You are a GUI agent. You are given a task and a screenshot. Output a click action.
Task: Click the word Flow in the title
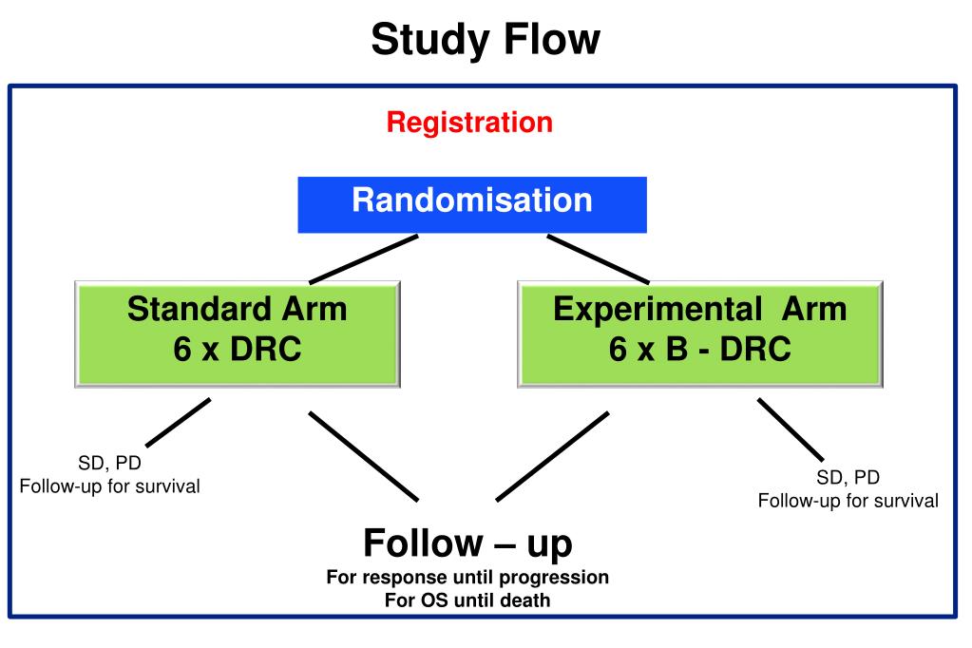coord(552,38)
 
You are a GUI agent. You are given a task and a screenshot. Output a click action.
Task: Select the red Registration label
coord(469,124)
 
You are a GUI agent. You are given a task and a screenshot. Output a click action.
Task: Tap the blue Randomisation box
coord(472,204)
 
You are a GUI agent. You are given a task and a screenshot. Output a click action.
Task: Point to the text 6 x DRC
coord(238,349)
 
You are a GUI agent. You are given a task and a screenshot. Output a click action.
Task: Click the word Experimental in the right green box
coord(658,310)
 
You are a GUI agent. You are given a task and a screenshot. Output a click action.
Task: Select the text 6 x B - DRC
coord(700,349)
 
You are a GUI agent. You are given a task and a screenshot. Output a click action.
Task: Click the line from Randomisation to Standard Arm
coord(364,259)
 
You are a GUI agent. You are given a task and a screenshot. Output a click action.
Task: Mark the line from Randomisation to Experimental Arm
coord(599,259)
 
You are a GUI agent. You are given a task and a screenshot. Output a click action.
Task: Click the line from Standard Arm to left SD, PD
coord(179,422)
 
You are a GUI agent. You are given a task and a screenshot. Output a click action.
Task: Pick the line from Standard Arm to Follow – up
coord(364,456)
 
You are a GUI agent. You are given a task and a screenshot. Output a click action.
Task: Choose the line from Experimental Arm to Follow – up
coord(552,456)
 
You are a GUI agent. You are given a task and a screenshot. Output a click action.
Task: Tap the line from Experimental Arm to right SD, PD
coord(791,429)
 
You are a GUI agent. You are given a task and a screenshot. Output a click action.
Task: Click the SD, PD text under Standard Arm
coord(109,464)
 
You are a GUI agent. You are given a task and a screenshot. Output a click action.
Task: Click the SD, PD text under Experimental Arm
coord(848,478)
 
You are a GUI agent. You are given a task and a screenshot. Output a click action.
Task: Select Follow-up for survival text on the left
coord(109,486)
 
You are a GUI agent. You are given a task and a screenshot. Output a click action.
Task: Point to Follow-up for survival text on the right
coord(848,501)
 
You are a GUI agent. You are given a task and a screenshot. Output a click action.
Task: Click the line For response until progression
coord(467,578)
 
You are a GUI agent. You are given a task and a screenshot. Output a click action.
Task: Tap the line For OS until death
coord(467,600)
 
